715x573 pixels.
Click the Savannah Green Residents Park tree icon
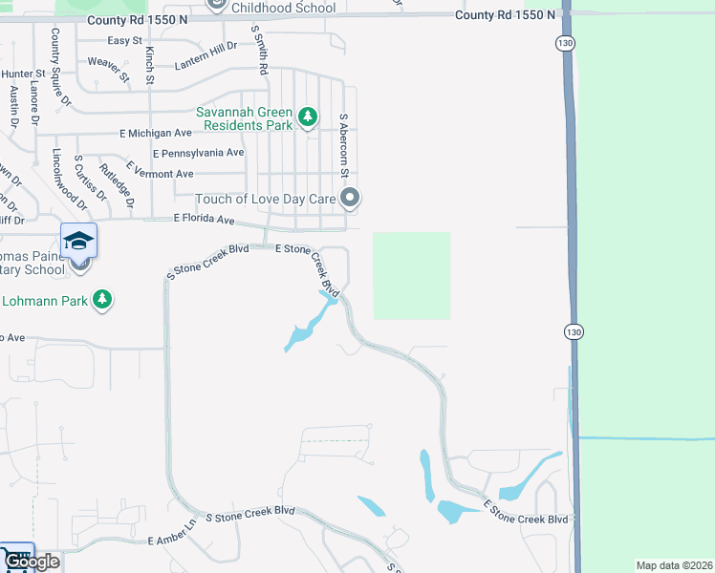[x=307, y=117]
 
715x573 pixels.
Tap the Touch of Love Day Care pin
[x=351, y=199]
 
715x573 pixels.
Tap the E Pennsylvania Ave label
[x=198, y=153]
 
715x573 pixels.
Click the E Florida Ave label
[x=204, y=220]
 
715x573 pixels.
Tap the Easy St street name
[x=124, y=40]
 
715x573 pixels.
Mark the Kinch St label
[x=150, y=66]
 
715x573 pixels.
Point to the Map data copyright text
[x=674, y=565]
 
